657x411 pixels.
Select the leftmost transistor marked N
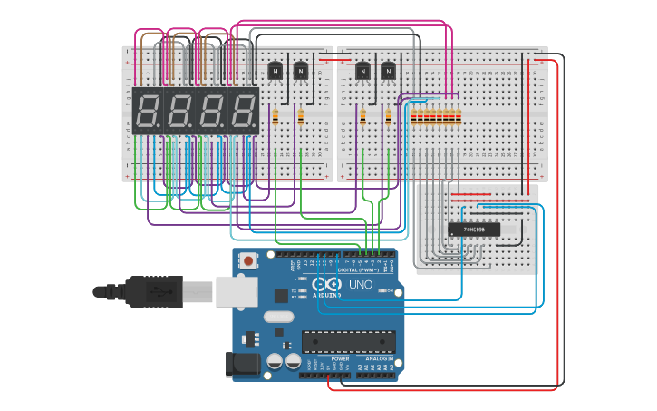click(275, 70)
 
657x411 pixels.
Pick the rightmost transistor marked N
click(389, 70)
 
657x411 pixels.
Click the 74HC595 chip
click(473, 230)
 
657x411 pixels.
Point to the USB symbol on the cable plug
click(160, 292)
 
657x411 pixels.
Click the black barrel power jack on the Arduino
click(241, 365)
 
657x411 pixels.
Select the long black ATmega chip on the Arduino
click(349, 341)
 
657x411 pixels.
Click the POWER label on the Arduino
click(340, 359)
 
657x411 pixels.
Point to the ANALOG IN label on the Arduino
click(380, 359)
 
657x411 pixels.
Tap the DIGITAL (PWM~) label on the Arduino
click(360, 269)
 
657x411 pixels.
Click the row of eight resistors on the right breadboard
click(436, 116)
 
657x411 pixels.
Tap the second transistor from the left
click(300, 70)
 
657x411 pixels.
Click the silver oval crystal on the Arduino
click(280, 317)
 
